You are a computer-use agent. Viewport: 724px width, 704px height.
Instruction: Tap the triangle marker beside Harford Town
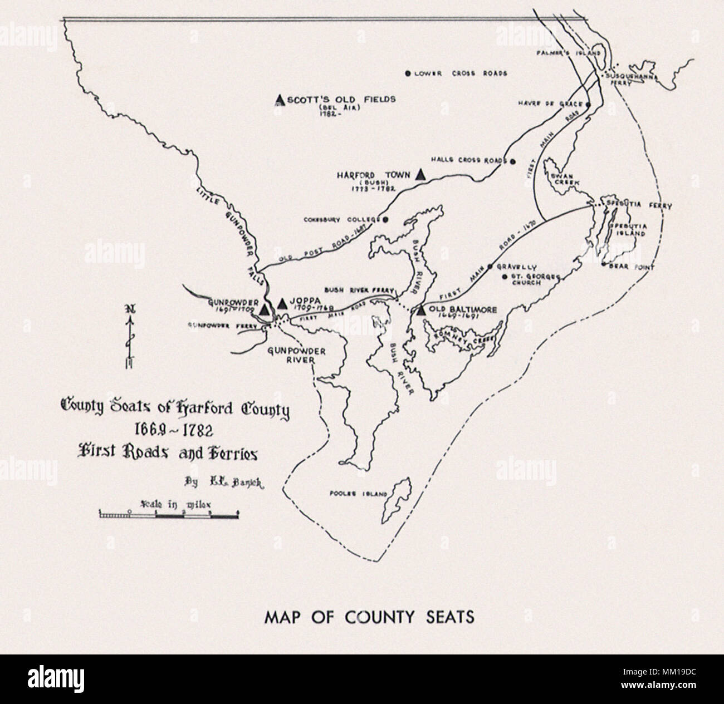click(421, 174)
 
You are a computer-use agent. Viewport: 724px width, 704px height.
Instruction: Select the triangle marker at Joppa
click(282, 303)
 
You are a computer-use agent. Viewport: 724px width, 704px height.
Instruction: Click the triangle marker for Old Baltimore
click(421, 311)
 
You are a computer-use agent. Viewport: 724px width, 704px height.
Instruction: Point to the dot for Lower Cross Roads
click(408, 73)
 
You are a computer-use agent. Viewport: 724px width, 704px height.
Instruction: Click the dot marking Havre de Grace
click(588, 104)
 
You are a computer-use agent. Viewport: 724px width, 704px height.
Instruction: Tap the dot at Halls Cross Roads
click(513, 161)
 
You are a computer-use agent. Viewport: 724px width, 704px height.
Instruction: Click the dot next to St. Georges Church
click(504, 277)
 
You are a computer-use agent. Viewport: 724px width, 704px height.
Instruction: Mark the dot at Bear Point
click(603, 265)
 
